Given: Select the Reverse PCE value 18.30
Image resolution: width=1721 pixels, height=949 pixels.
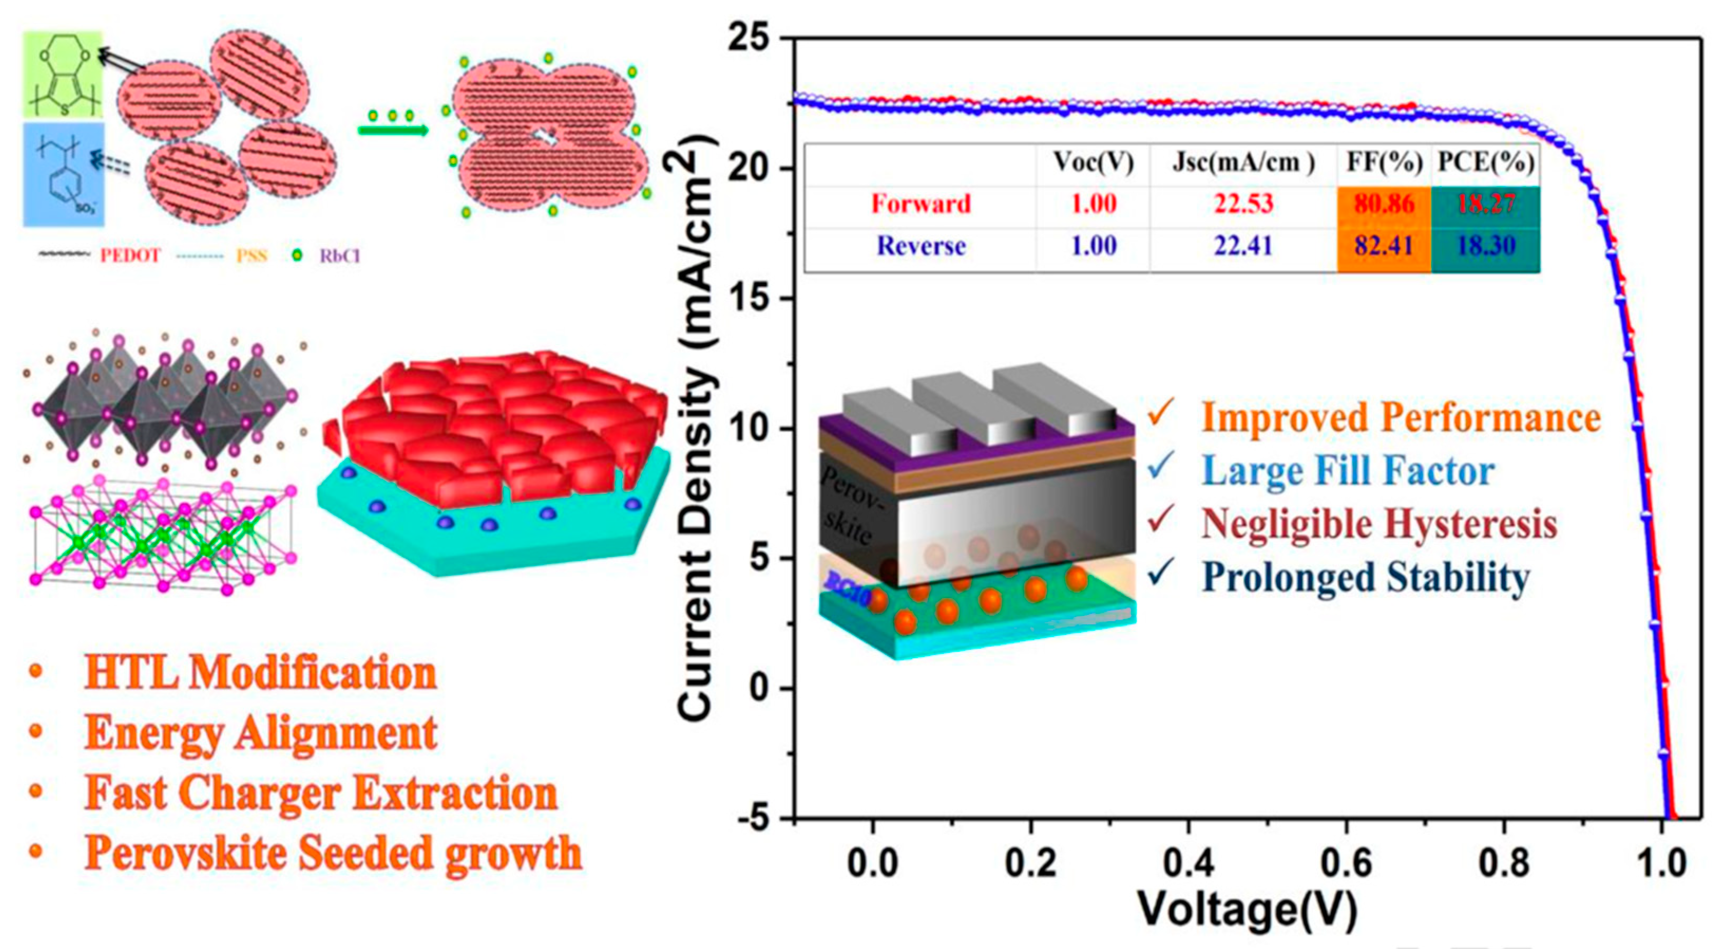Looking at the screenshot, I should tap(1485, 246).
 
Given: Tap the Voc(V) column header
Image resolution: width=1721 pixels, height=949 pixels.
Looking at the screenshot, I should tap(1094, 163).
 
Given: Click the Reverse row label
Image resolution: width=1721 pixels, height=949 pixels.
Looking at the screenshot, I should tap(921, 246).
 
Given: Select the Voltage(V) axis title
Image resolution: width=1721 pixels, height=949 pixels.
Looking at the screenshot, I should tap(1247, 909).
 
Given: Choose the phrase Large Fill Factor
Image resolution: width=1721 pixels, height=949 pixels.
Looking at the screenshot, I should tap(1348, 471).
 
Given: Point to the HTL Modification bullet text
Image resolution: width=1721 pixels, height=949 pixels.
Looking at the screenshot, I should tap(261, 673).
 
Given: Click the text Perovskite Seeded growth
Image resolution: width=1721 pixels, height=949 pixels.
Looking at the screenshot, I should tap(333, 853).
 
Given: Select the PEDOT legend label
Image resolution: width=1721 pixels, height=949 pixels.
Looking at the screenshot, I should tap(130, 256).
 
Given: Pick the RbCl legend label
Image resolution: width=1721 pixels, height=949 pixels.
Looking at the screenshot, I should tap(339, 256).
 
